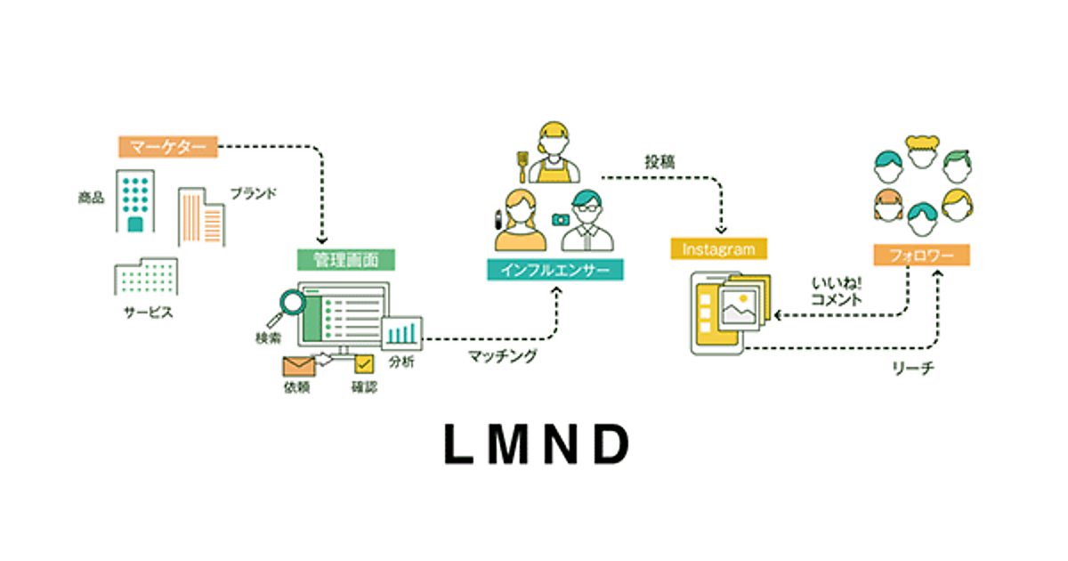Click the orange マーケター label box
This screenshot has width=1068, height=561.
(x=167, y=146)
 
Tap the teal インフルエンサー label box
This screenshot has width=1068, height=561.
(x=554, y=269)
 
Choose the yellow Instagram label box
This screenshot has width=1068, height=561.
(x=718, y=248)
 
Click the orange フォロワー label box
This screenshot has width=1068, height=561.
(x=921, y=255)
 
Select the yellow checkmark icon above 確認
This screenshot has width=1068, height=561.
(x=363, y=364)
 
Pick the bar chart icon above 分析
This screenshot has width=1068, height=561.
(x=402, y=332)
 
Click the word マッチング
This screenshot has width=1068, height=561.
(x=503, y=356)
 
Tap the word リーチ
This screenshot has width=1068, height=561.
(x=912, y=368)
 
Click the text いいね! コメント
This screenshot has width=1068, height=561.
(x=836, y=291)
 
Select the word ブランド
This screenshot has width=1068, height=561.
(x=254, y=192)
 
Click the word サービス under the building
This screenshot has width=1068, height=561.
(x=149, y=313)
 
